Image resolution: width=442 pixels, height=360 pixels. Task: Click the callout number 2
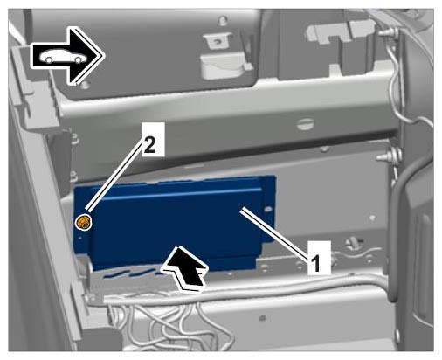pyautogui.click(x=149, y=145)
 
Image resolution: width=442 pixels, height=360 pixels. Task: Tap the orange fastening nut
pyautogui.click(x=84, y=223)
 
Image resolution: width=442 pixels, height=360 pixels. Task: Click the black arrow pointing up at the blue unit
pyautogui.click(x=187, y=268)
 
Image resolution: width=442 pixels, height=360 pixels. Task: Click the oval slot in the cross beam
pyautogui.click(x=305, y=124)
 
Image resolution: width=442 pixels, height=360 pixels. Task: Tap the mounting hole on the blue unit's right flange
pyautogui.click(x=268, y=209)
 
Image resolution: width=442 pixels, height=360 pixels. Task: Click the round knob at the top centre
pyautogui.click(x=223, y=20)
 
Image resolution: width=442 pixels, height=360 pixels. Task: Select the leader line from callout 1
pyautogui.click(x=276, y=232)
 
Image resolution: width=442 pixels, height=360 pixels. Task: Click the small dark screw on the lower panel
pyautogui.click(x=263, y=317)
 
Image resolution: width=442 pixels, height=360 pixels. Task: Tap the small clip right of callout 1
pyautogui.click(x=353, y=242)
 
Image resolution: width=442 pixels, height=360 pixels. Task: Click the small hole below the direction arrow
pyautogui.click(x=85, y=85)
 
